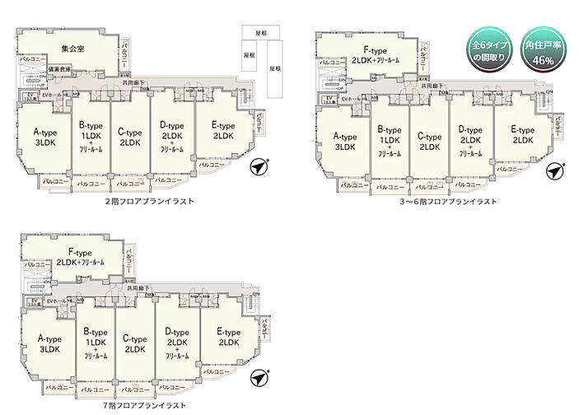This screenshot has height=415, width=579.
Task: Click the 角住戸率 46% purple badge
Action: pyautogui.click(x=542, y=51)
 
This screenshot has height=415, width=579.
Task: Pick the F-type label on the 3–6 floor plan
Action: pyautogui.click(x=376, y=55)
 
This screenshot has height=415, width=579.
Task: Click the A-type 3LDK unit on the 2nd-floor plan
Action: pyautogui.click(x=44, y=137)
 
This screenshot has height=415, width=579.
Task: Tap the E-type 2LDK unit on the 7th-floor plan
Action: pyautogui.click(x=228, y=337)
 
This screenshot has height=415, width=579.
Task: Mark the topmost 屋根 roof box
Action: pyautogui.click(x=263, y=32)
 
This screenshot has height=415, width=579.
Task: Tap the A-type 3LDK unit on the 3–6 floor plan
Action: pyautogui.click(x=344, y=142)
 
